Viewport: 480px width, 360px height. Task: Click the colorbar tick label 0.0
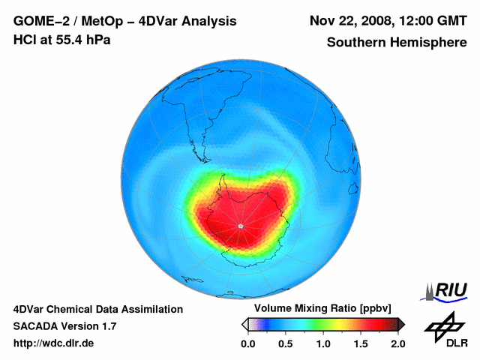[x=247, y=343]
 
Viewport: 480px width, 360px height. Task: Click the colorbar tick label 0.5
[x=285, y=343]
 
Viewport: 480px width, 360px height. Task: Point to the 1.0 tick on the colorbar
[x=323, y=343]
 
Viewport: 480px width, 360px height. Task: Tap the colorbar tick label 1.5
[x=361, y=343]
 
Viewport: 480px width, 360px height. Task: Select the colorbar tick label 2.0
[x=397, y=343]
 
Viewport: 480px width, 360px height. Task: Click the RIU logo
[x=448, y=290]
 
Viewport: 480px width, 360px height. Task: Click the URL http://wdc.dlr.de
[x=54, y=343]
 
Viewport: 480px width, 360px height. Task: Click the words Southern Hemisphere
[x=397, y=43]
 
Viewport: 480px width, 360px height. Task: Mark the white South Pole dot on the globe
[x=240, y=226]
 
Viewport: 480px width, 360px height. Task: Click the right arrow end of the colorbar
[x=401, y=324]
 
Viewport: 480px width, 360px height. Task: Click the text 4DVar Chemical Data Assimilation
[x=97, y=309]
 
